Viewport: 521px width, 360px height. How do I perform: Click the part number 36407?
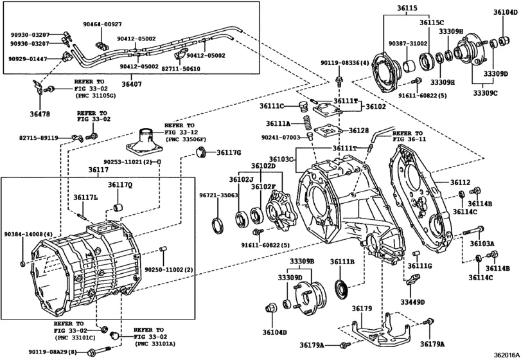coord(132,84)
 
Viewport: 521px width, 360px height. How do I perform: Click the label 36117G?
coord(228,152)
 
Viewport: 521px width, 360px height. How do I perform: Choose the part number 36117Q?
coord(119,185)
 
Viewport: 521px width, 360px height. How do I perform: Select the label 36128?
coord(359,130)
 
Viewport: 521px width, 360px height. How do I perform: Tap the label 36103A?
coord(481,244)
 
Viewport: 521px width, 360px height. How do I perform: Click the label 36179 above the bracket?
coord(361,309)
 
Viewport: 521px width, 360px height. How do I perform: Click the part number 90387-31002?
coord(407,42)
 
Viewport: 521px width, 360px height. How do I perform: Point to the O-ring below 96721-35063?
coord(218,224)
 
